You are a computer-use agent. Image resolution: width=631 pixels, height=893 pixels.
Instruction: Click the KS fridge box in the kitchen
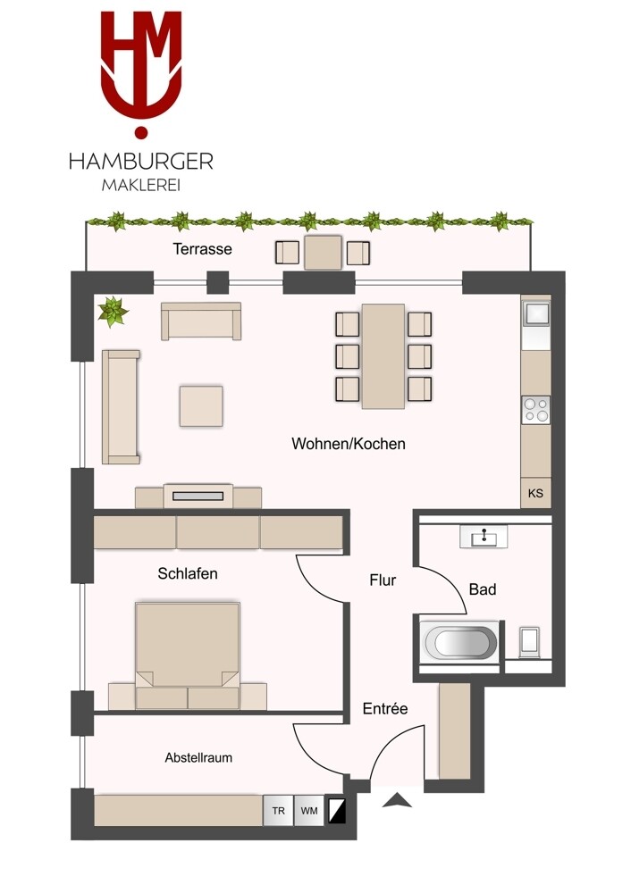tap(535, 493)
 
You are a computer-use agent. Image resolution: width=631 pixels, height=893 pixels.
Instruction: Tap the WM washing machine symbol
tap(309, 811)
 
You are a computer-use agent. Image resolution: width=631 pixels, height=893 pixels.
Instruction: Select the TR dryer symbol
tap(278, 811)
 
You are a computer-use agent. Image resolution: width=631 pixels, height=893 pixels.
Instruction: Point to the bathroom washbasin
tap(484, 537)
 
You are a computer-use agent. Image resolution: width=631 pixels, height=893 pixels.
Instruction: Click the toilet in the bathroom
tap(529, 642)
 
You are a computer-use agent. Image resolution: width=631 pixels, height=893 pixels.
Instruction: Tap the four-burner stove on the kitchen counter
tap(535, 410)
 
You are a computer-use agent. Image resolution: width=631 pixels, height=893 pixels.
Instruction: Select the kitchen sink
tap(535, 313)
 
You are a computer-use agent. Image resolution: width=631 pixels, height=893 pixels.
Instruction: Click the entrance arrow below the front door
tap(398, 801)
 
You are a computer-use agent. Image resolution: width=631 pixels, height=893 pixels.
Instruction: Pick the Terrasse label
tap(202, 249)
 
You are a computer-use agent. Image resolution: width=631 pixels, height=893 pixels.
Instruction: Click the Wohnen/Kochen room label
tap(349, 444)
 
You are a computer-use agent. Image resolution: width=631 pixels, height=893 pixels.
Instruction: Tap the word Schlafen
tap(188, 573)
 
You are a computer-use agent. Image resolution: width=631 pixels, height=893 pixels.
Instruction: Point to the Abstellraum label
tap(198, 757)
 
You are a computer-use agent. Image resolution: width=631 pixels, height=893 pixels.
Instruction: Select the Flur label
tap(383, 580)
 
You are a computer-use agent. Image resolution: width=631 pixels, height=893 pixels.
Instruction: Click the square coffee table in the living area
tap(201, 406)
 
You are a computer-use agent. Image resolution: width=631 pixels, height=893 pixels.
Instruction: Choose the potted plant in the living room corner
tap(113, 312)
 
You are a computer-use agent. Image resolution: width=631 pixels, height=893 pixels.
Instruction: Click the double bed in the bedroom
tap(188, 655)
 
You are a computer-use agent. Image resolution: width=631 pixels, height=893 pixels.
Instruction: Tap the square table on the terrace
tap(324, 253)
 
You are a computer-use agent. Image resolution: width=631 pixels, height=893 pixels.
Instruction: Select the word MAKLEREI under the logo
tap(141, 186)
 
